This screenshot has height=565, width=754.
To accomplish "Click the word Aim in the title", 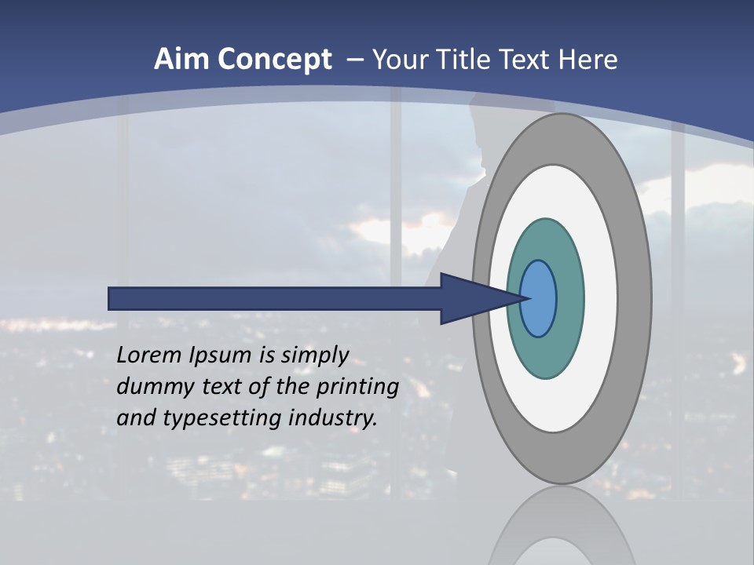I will (x=182, y=60).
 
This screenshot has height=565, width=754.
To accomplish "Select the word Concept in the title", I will (x=275, y=60).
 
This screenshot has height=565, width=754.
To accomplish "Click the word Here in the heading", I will (x=588, y=60).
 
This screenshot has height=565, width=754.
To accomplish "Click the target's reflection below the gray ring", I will (x=562, y=526).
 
